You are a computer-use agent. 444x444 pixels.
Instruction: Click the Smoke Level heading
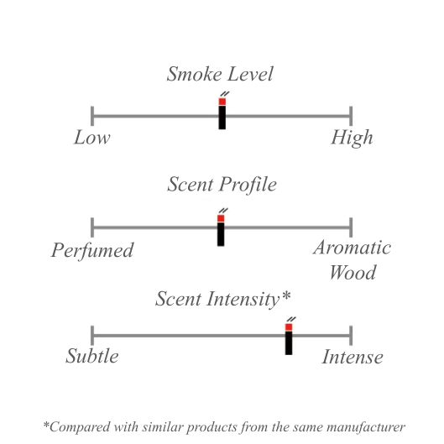click(x=220, y=74)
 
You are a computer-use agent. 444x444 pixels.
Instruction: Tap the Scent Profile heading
click(x=222, y=185)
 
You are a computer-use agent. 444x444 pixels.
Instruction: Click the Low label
click(x=92, y=138)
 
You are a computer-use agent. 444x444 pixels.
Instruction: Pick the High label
click(x=352, y=138)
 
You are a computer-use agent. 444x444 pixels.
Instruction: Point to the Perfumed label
click(x=92, y=250)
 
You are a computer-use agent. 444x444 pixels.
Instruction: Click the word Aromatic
click(x=352, y=248)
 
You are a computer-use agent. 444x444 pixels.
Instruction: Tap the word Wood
click(x=353, y=272)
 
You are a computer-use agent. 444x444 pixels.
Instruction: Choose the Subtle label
click(x=92, y=356)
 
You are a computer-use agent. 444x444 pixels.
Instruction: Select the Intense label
click(x=353, y=357)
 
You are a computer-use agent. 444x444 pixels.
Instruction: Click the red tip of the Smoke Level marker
click(x=222, y=102)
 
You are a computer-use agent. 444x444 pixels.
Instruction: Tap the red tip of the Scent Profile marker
click(x=221, y=218)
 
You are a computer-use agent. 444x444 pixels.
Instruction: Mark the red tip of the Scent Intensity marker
click(x=289, y=327)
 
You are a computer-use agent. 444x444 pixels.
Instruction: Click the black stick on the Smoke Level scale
click(x=222, y=118)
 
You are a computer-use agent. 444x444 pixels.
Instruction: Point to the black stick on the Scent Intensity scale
click(x=289, y=343)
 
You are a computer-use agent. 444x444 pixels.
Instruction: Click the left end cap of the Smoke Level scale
click(x=92, y=116)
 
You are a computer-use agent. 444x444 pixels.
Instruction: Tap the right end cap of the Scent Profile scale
click(x=351, y=227)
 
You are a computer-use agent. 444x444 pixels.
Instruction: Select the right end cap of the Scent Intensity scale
click(x=351, y=336)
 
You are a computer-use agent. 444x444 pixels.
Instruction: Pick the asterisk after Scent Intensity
click(x=286, y=295)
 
